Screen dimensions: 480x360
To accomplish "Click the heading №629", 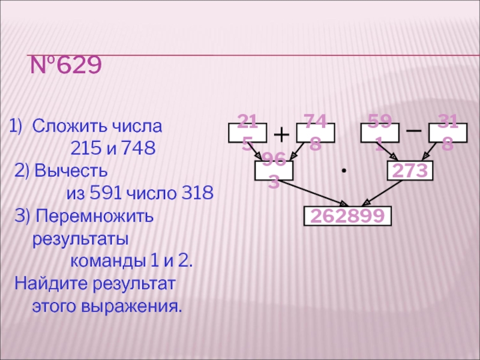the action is pos(67,65).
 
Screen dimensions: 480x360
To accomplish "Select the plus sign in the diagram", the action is pos(281,133).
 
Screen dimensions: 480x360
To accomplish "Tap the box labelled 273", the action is pos(410,171).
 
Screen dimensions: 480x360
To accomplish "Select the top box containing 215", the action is pos(247,133).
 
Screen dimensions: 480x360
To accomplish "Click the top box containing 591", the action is pos(380,133).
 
